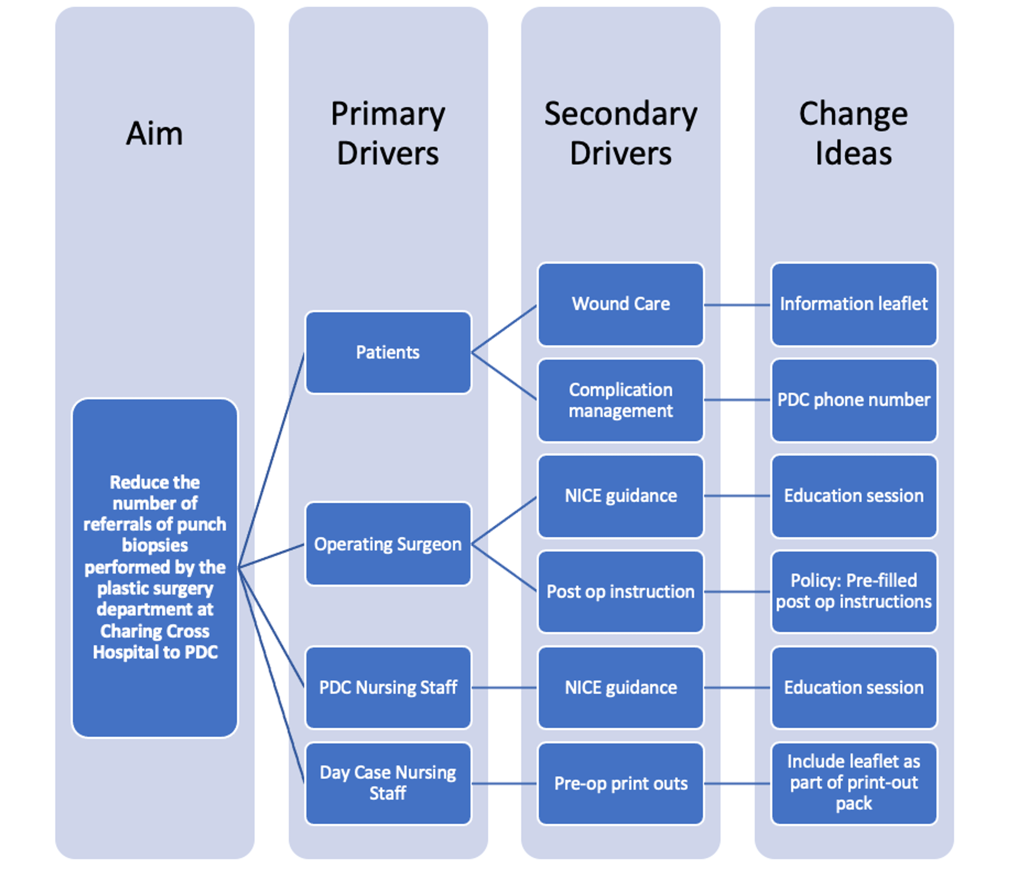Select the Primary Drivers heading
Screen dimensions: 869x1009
tap(388, 133)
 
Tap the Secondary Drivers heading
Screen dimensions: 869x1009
tap(621, 133)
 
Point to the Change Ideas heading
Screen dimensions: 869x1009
tap(853, 133)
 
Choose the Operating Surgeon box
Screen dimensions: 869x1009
tap(388, 544)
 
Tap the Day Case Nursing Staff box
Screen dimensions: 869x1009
tap(388, 783)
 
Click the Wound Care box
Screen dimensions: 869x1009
tap(621, 304)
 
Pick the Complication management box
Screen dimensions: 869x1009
tap(621, 400)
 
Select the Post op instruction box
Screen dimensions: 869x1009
tap(621, 592)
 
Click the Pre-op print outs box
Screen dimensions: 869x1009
tap(621, 783)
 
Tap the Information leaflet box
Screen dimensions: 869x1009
tap(854, 304)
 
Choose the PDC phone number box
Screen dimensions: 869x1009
tap(854, 400)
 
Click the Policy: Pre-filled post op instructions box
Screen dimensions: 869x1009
tap(854, 592)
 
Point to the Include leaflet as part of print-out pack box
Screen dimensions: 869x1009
tap(854, 783)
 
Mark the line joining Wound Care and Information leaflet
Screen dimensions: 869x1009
tap(737, 305)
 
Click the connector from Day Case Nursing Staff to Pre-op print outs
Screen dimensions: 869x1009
tap(504, 784)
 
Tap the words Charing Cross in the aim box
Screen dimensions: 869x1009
tap(155, 631)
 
